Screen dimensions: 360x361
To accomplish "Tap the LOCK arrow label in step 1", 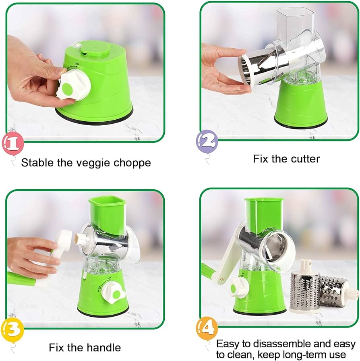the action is pyautogui.click(x=75, y=66).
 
